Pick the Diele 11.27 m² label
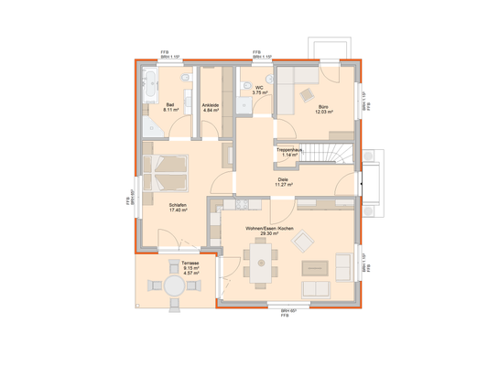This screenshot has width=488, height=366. [283, 181]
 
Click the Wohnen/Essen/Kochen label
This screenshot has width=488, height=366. [268, 229]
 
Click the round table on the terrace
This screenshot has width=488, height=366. [174, 285]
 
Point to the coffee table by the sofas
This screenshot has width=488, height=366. [316, 267]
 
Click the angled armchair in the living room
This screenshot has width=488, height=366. [301, 242]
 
